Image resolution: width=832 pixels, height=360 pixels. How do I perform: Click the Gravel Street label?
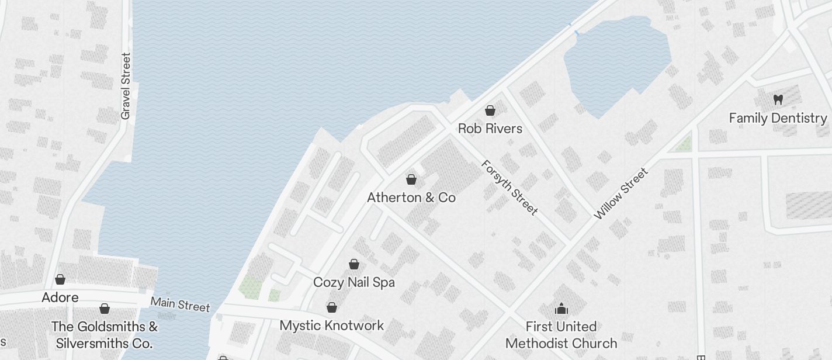(126, 86)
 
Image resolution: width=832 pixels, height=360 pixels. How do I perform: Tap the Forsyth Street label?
(509, 188)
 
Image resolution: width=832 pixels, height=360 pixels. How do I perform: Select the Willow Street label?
(620, 193)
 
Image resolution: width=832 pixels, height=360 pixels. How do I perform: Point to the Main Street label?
(180, 304)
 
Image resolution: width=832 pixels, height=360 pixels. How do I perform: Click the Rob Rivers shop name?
(490, 129)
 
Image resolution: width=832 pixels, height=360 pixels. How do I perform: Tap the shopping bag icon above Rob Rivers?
(490, 110)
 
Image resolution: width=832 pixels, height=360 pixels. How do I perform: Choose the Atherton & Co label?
(411, 198)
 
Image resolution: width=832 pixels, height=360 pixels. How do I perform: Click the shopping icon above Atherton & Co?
(411, 179)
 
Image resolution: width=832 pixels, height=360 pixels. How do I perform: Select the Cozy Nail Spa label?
(353, 282)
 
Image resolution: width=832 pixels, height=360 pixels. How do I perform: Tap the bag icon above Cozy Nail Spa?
(354, 264)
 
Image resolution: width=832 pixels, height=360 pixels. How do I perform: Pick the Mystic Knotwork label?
(331, 326)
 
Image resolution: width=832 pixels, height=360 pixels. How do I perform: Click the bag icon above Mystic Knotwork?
(332, 307)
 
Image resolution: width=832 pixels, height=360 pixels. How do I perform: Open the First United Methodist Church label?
(561, 334)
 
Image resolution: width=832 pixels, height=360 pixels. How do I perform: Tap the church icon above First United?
(561, 309)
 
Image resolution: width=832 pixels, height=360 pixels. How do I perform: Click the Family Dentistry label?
(778, 118)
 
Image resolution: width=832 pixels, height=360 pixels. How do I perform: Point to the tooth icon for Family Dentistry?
(778, 100)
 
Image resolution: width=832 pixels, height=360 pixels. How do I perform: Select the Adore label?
(60, 297)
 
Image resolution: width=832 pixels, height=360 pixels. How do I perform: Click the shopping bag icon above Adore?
(60, 279)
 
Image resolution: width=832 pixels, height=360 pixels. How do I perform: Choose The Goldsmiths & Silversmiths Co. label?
(104, 334)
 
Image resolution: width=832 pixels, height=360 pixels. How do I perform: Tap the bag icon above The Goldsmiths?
(105, 309)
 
